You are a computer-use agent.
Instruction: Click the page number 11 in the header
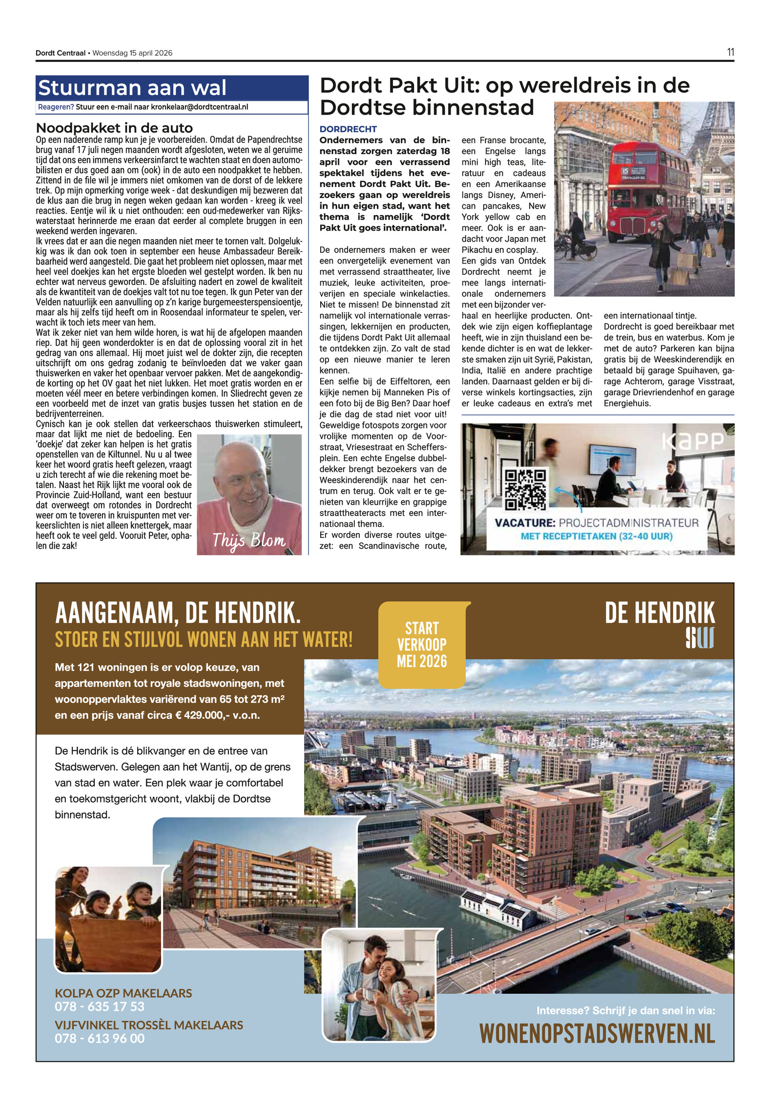coord(730,52)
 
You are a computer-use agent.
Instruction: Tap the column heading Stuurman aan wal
coord(132,88)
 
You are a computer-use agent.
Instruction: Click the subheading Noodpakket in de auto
coord(115,128)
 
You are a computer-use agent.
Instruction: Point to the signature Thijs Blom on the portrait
coord(248,540)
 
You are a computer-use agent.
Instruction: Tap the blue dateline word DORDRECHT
coord(348,129)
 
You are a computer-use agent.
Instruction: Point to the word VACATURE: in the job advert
coord(525,523)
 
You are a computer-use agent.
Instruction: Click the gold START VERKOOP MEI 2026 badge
coord(422,644)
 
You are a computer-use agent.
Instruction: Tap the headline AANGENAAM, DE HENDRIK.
coord(178,613)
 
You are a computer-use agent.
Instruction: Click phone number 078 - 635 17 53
coord(100,1007)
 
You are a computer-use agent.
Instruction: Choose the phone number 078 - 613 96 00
coord(100,1038)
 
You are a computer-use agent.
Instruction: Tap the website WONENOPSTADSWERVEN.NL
coord(596,1034)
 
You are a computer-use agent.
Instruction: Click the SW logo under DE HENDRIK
coord(699,638)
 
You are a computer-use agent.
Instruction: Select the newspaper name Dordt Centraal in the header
coord(60,53)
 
